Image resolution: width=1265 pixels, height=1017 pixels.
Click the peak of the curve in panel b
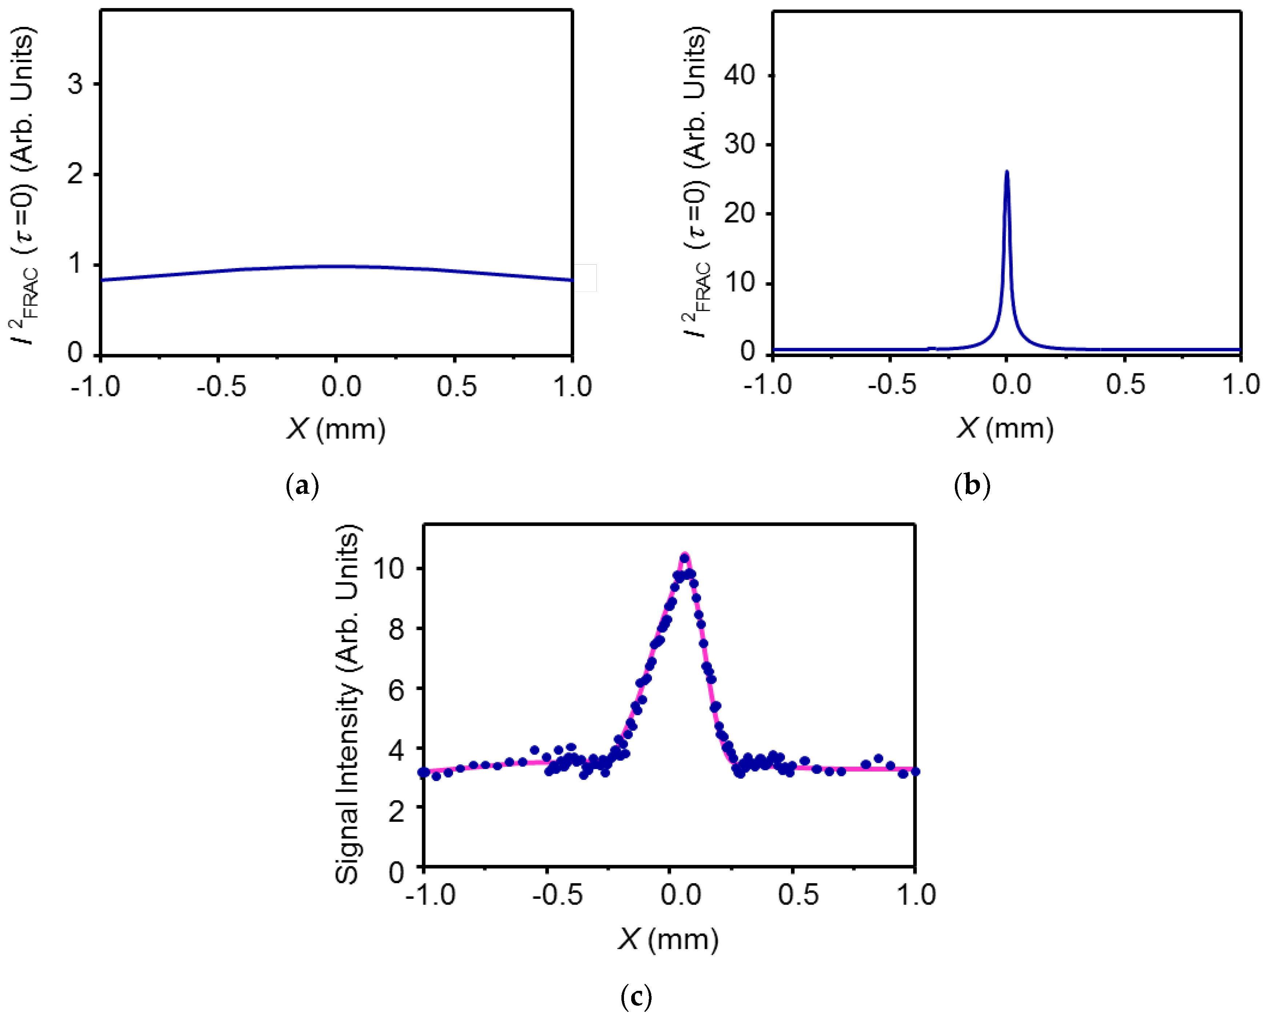(x=1007, y=172)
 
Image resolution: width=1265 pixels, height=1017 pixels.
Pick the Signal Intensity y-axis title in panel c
(x=347, y=704)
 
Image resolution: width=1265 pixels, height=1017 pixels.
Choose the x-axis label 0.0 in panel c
(x=681, y=895)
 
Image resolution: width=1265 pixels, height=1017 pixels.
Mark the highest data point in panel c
(x=684, y=557)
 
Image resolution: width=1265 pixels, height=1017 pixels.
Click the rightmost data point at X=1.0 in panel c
(x=915, y=772)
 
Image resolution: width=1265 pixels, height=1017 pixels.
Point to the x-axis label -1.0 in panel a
(x=95, y=386)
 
